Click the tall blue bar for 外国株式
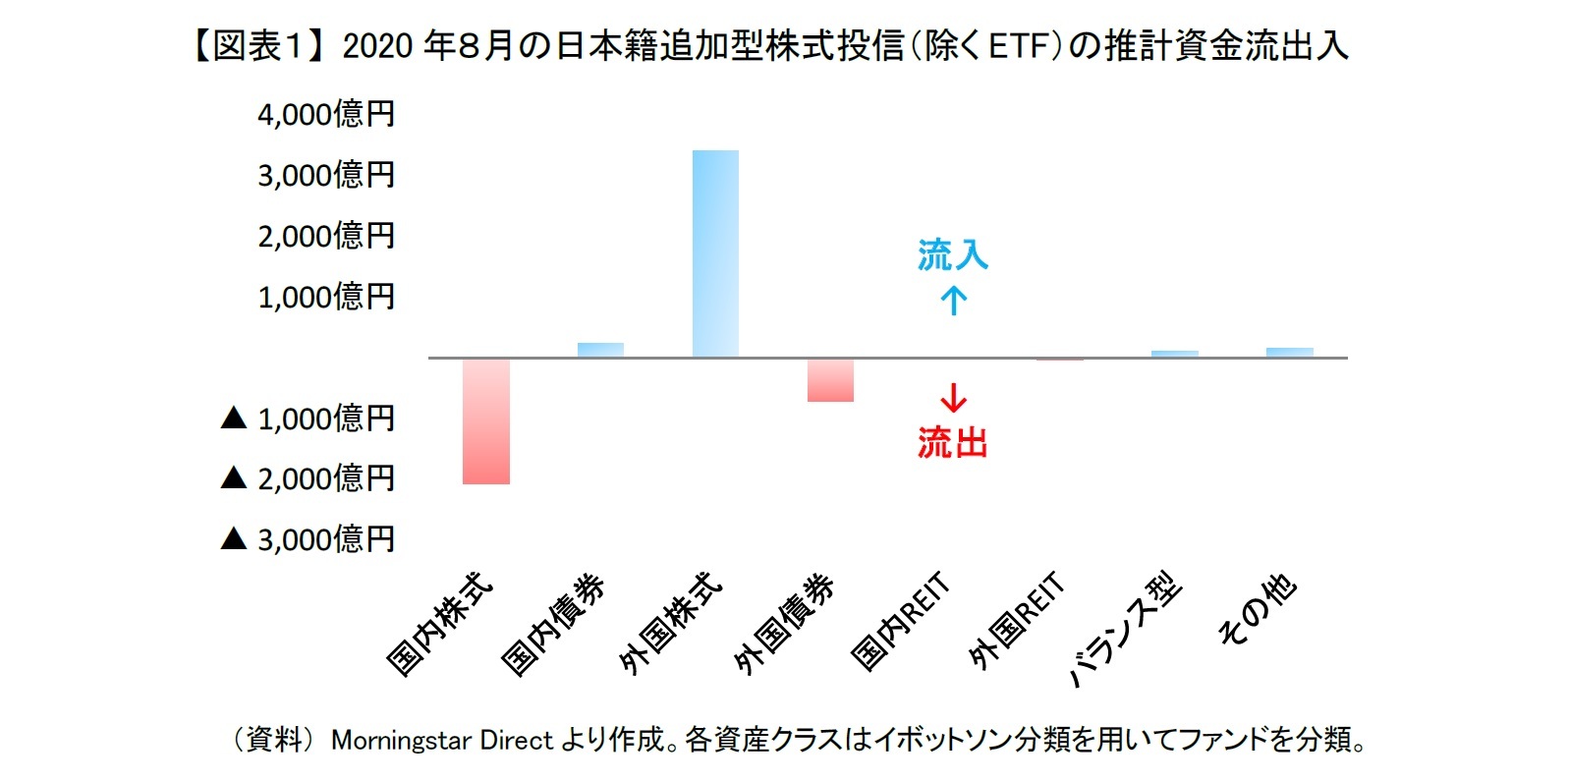pos(715,253)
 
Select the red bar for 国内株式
pos(485,420)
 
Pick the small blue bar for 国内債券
pos(600,350)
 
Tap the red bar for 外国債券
pos(830,380)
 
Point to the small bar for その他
pos(1289,353)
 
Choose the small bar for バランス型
pos(1174,354)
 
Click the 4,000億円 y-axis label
pos(326,114)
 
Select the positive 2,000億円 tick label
pos(326,236)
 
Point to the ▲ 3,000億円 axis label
pos(308,539)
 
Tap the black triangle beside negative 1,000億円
pos(234,419)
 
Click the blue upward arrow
pos(953,300)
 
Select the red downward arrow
pos(953,397)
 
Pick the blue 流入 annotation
pos(952,255)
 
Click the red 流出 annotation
pos(952,443)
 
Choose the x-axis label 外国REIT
pos(1016,622)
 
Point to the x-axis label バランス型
pos(1126,630)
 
